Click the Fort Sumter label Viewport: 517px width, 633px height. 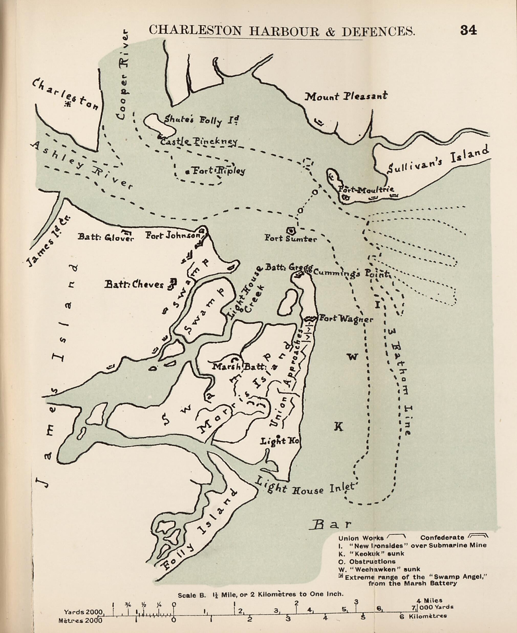[x=291, y=239]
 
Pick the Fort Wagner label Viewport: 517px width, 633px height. [x=346, y=319]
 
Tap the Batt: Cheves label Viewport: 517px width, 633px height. [x=134, y=285]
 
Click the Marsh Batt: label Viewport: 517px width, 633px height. [x=240, y=367]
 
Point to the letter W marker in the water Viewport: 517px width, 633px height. [x=353, y=357]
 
